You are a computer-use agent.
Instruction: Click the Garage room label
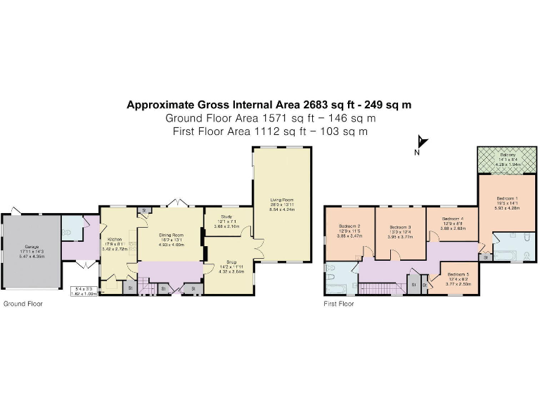coord(32,246)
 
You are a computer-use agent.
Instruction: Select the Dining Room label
coord(171,234)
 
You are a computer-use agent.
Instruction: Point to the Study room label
coord(226,217)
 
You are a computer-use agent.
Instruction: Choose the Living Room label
coord(281,200)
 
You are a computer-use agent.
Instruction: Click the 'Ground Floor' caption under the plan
coord(22,304)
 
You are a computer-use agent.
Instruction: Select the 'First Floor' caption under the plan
coord(338,304)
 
